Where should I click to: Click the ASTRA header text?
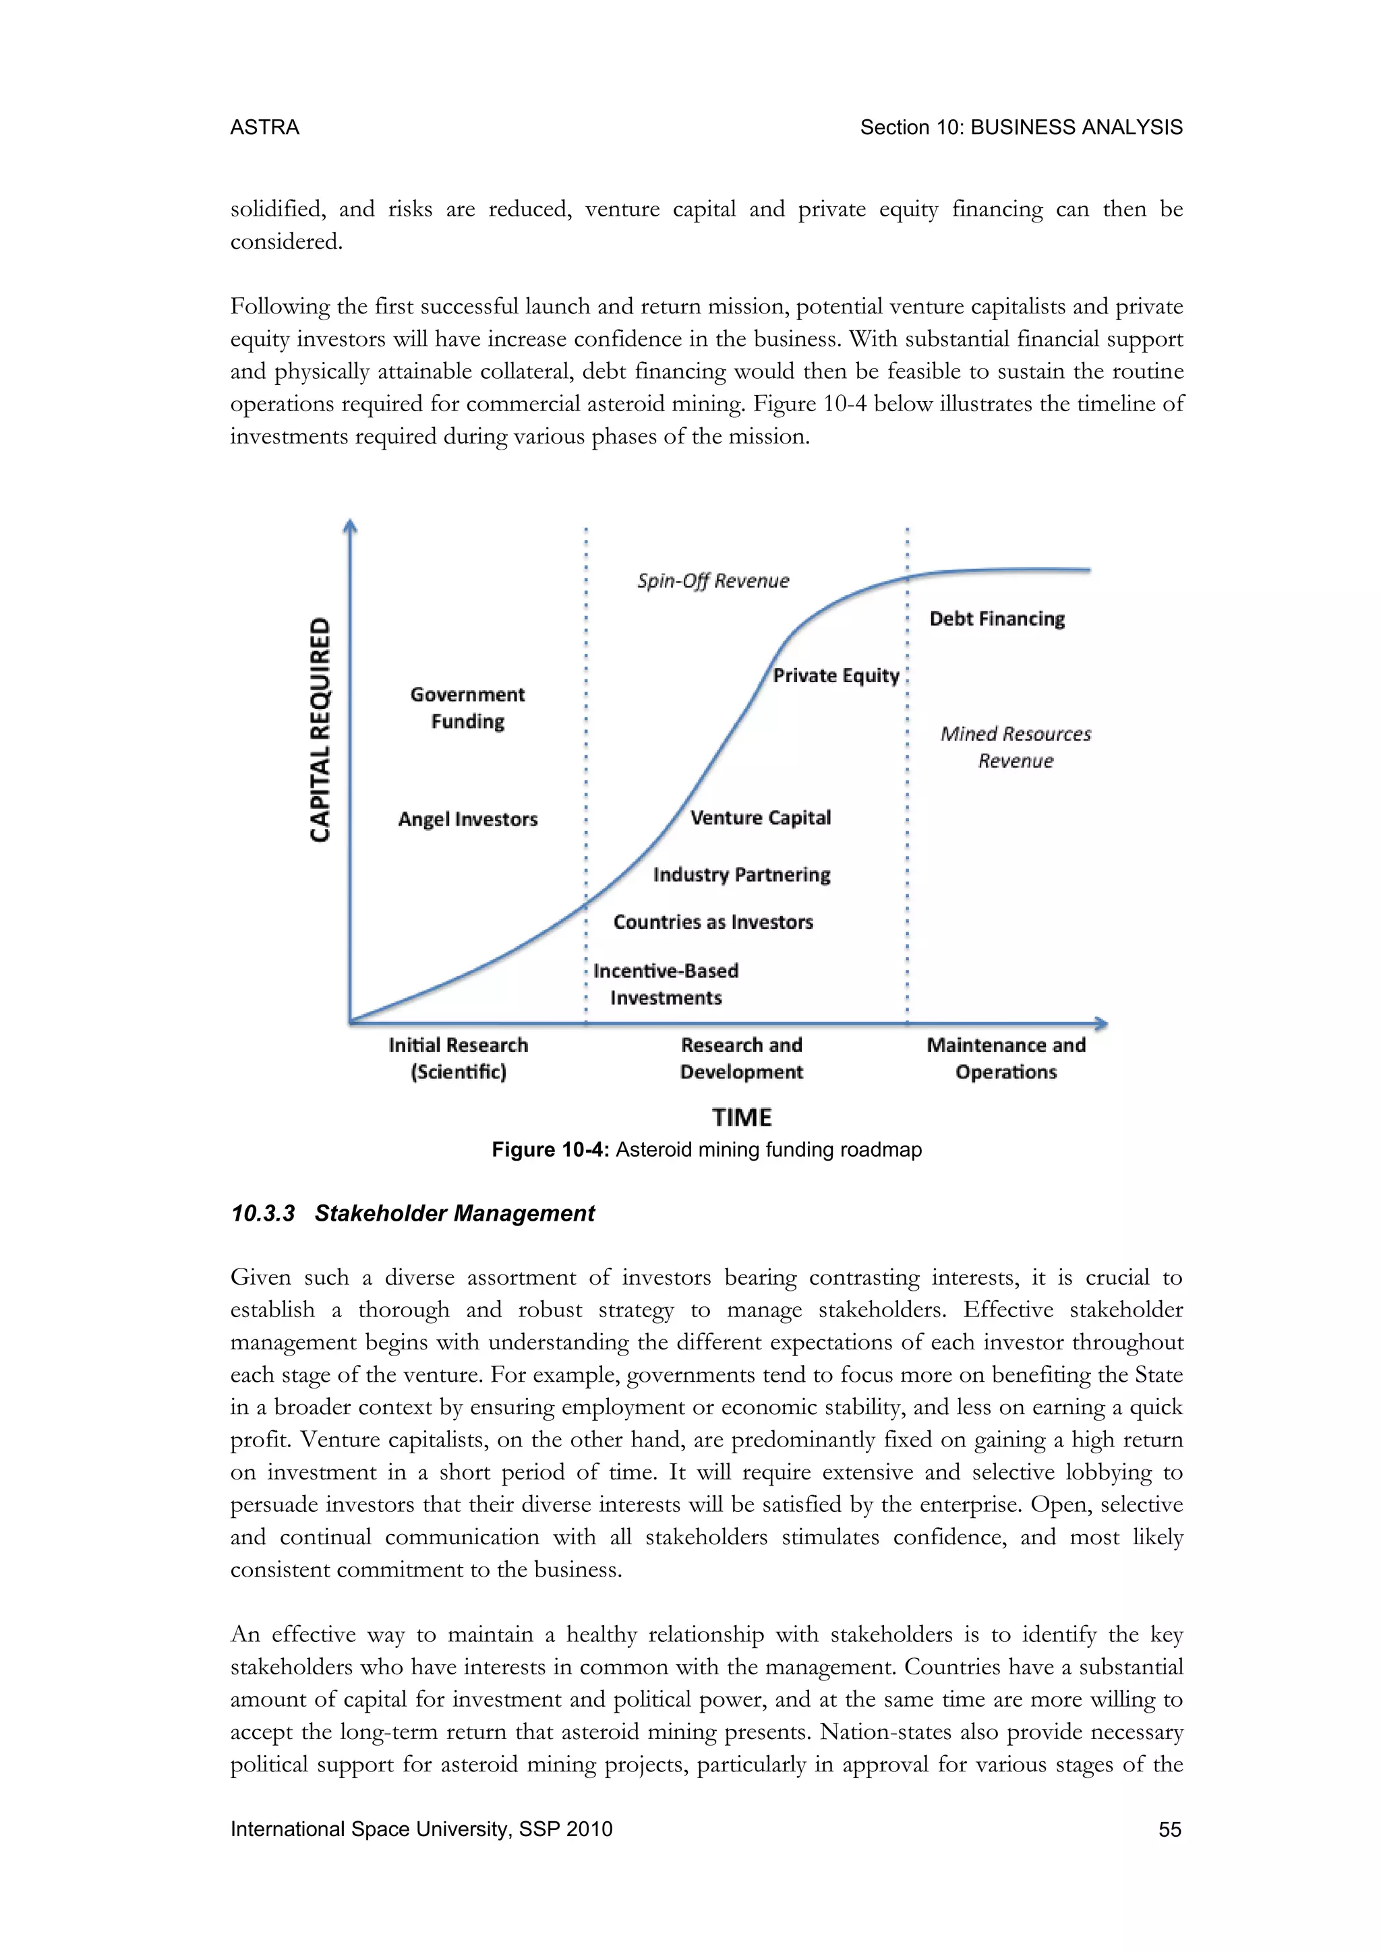tap(264, 127)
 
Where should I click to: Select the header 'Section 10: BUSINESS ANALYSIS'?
tap(1020, 127)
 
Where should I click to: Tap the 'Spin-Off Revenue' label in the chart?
tap(713, 580)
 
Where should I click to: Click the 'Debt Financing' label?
tap(997, 619)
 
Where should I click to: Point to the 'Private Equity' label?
tap(836, 676)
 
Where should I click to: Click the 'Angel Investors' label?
tap(468, 820)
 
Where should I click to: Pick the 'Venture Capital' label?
tap(760, 818)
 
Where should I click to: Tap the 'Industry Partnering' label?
tap(742, 875)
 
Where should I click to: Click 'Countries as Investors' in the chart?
tap(713, 923)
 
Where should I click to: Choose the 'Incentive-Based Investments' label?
tap(666, 985)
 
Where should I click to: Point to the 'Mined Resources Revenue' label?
tap(1016, 748)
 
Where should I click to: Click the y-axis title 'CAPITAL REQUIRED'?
tap(320, 729)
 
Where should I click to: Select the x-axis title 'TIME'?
tap(742, 1117)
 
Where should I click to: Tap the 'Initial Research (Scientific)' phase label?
tap(459, 1058)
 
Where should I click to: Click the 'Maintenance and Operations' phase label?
tap(1006, 1058)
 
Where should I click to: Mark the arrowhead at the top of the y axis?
tap(349, 526)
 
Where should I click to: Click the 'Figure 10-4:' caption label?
tap(550, 1151)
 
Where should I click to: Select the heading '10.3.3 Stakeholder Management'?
tap(413, 1213)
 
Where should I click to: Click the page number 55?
tap(1169, 1829)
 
